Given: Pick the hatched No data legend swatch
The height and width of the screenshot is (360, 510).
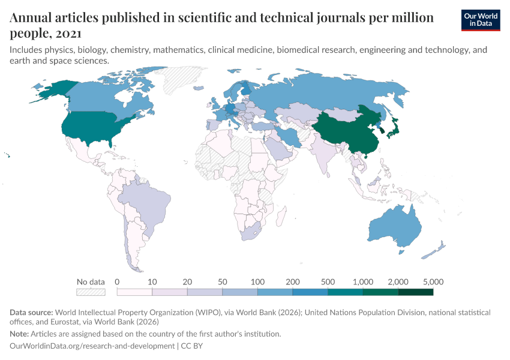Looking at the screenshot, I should point(91,292).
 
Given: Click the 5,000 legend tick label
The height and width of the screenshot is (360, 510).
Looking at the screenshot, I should point(433,281).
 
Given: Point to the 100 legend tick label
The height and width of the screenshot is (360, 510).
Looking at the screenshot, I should point(257,281).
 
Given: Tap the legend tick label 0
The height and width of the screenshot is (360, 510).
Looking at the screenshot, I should point(117,281).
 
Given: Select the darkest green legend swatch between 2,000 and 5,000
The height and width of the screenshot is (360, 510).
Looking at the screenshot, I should point(416,292).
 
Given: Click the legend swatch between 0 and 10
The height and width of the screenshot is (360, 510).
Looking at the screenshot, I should point(134,292).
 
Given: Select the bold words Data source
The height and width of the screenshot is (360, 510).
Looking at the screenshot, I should point(31,313).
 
